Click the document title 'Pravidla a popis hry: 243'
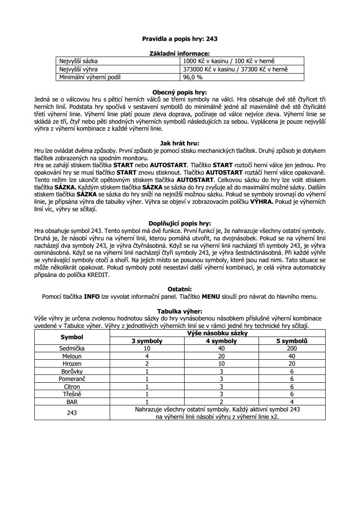[180, 38]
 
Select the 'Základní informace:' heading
[180, 53]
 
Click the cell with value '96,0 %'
[194, 78]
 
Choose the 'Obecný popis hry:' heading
[180, 92]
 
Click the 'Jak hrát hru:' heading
[180, 142]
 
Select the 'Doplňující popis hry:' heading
[180, 223]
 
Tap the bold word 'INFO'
[92, 297]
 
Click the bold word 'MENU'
[211, 297]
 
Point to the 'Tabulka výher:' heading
[180, 312]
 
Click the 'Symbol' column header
[72, 337]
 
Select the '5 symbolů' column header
[292, 341]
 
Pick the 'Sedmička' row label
[72, 348]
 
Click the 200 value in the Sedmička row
[292, 348]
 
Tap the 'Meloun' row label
[72, 356]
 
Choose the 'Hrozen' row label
[72, 364]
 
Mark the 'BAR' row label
[72, 401]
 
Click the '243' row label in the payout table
[72, 413]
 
